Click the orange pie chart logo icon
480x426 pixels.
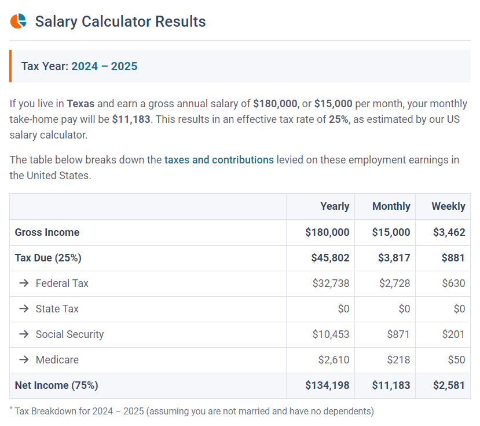tap(19, 21)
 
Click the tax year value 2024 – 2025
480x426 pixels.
tap(104, 66)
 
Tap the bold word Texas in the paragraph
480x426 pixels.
tap(80, 104)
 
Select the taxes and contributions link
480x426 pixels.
tap(219, 160)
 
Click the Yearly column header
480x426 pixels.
tap(335, 206)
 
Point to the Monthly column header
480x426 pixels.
tap(391, 206)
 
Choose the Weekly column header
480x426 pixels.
tap(448, 206)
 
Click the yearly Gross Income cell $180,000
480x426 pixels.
tap(327, 232)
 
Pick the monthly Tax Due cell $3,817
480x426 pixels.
tap(391, 258)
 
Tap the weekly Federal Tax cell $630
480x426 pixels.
tap(453, 283)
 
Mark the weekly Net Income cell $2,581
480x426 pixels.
tap(449, 385)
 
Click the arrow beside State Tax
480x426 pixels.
tap(24, 309)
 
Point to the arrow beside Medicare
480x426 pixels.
tap(24, 360)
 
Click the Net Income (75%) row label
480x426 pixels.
tap(56, 385)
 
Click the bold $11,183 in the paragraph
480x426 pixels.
tap(131, 119)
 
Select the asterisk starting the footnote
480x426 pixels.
tap(11, 409)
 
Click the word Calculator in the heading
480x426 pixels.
tap(116, 21)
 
